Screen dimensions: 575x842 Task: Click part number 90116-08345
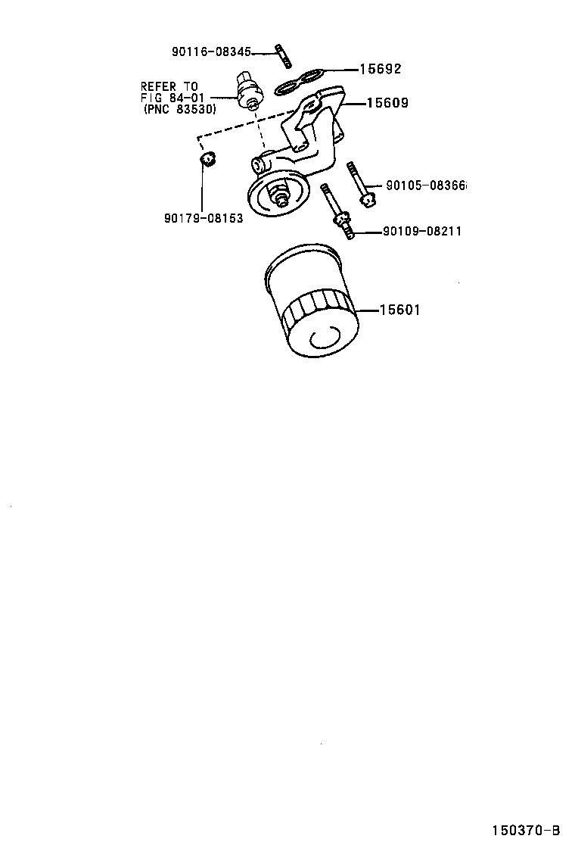pos(211,51)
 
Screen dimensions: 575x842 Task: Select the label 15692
pos(379,69)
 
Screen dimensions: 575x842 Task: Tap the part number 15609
pos(387,102)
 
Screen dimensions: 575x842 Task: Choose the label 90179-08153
pos(203,219)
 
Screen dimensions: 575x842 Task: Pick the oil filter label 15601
pos(399,310)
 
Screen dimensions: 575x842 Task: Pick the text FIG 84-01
pos(172,98)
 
